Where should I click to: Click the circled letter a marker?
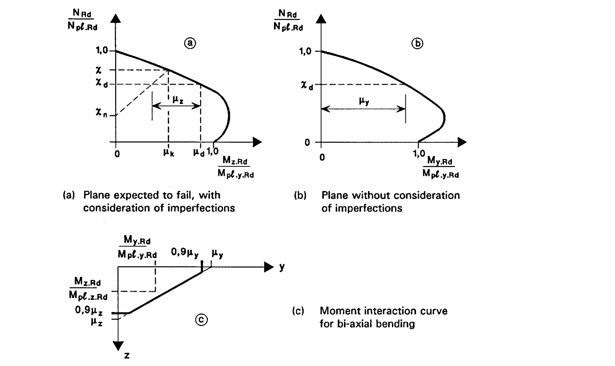coord(190,43)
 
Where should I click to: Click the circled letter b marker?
coord(417,43)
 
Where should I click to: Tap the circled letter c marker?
coord(201,320)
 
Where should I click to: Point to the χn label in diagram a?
coord(101,113)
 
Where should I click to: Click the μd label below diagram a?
coord(199,152)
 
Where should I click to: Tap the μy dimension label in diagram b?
coord(364,101)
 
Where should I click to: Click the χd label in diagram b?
coord(307,85)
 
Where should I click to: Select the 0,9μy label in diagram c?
coord(184,253)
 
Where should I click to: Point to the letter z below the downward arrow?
coord(127,355)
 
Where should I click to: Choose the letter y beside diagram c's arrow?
coord(282,267)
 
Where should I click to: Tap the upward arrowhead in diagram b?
coord(321,18)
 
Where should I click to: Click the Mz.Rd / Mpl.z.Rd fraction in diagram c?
coord(88,289)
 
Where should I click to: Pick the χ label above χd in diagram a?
coord(98,70)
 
